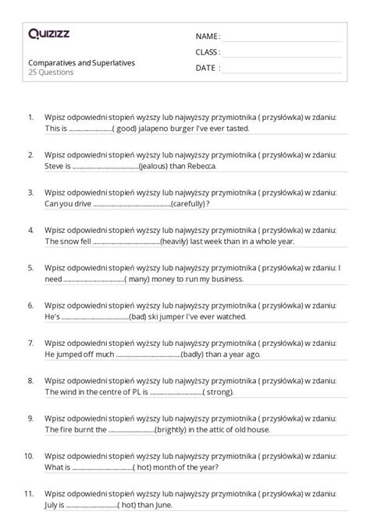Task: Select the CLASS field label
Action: point(208,52)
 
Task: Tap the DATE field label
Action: point(206,68)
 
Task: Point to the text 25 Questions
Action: point(51,72)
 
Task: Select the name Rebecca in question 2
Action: point(199,166)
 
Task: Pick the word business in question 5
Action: point(227,279)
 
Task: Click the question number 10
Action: point(29,457)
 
